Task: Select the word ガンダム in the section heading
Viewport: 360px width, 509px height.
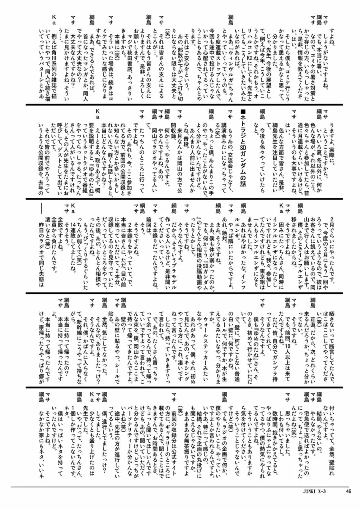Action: (243, 169)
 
